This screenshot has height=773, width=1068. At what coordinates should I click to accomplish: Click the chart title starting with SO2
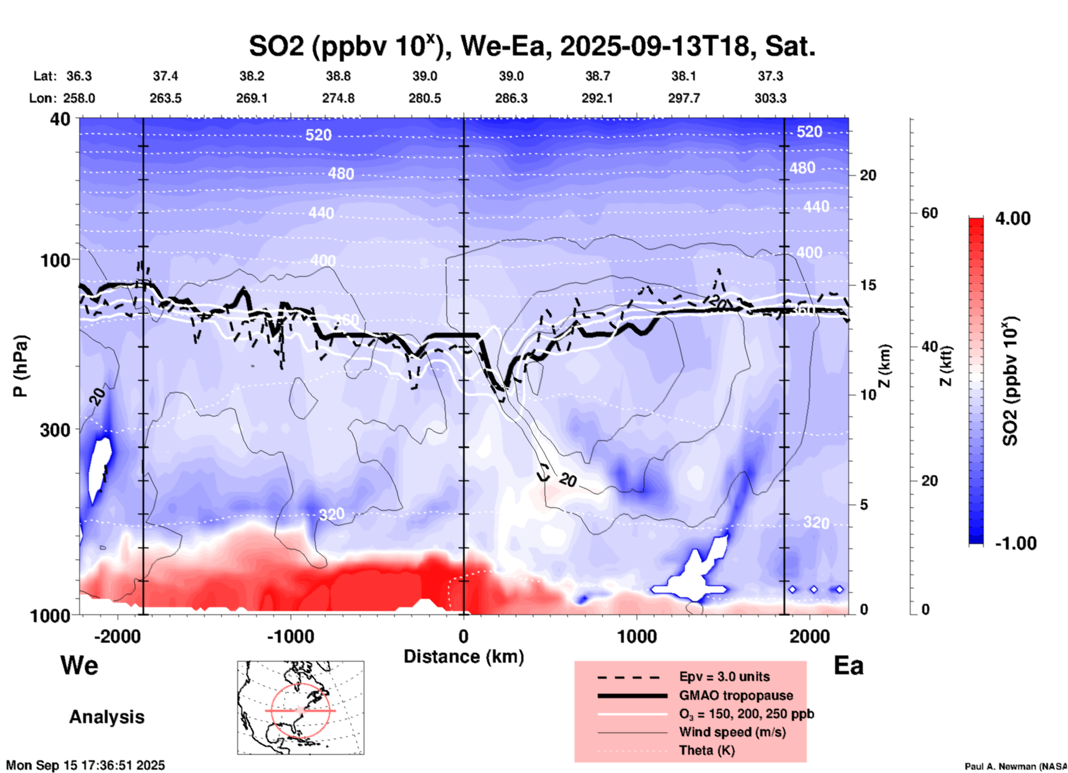[532, 46]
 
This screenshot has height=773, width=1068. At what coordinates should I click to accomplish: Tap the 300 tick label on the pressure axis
[55, 430]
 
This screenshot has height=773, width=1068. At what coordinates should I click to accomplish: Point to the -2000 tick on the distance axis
[117, 636]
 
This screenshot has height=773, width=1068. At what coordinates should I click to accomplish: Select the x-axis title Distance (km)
[464, 657]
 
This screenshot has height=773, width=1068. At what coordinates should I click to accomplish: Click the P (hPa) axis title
[21, 366]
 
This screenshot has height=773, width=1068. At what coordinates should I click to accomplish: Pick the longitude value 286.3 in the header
[511, 98]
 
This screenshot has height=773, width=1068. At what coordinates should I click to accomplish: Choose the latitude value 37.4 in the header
[165, 76]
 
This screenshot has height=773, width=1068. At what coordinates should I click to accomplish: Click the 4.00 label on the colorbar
[1013, 218]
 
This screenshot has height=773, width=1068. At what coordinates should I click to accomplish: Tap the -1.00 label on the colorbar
[1015, 543]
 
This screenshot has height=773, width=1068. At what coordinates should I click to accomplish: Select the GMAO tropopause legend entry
[735, 695]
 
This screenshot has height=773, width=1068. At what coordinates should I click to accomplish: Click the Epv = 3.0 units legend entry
[724, 677]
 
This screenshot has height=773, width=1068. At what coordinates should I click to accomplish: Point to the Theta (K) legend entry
[706, 750]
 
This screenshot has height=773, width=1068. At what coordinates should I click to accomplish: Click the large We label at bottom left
[79, 665]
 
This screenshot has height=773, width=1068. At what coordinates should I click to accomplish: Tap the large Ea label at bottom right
[848, 665]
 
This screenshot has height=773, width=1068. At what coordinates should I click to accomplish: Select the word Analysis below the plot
[106, 717]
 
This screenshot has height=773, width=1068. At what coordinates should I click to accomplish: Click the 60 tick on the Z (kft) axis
[929, 213]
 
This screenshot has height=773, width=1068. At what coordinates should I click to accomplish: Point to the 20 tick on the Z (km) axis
[868, 176]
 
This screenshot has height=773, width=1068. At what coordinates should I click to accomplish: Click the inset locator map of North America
[301, 708]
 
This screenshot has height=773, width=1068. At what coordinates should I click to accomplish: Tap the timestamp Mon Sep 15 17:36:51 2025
[85, 765]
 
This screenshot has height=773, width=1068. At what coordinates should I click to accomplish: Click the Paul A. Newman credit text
[1015, 766]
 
